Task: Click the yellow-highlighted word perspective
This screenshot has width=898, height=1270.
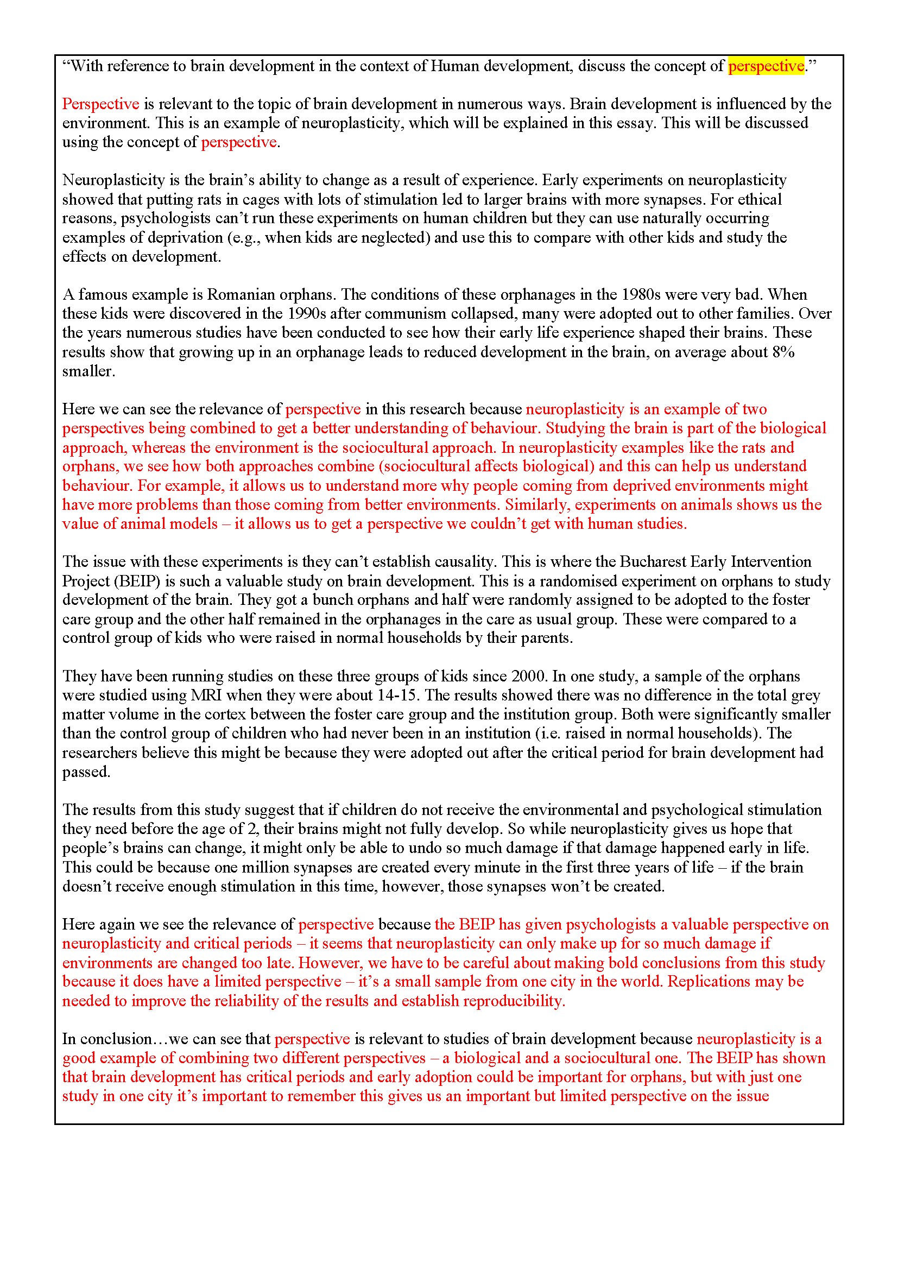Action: point(766,66)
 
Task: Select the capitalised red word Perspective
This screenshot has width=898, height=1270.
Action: point(100,104)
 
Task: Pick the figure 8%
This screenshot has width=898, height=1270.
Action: point(783,352)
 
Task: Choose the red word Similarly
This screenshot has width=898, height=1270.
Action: point(537,505)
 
